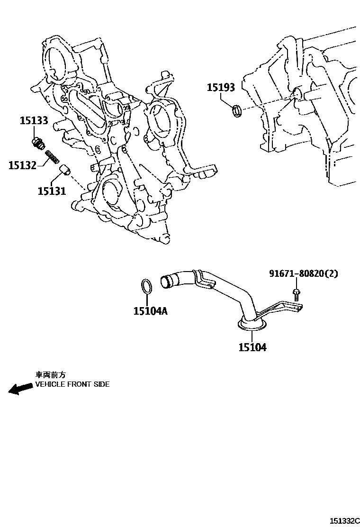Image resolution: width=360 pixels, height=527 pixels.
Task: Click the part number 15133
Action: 34,120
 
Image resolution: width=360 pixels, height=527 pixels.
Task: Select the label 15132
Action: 22,165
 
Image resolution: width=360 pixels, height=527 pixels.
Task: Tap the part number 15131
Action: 52,191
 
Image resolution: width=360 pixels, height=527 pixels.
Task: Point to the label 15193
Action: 221,88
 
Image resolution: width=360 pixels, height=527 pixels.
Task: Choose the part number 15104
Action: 252,347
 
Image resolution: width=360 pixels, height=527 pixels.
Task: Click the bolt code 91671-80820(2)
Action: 304,273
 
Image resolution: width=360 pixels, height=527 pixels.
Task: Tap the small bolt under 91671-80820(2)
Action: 296,294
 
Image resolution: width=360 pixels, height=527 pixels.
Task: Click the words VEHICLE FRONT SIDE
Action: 72,384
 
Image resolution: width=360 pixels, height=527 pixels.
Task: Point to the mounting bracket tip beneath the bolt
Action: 299,309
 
